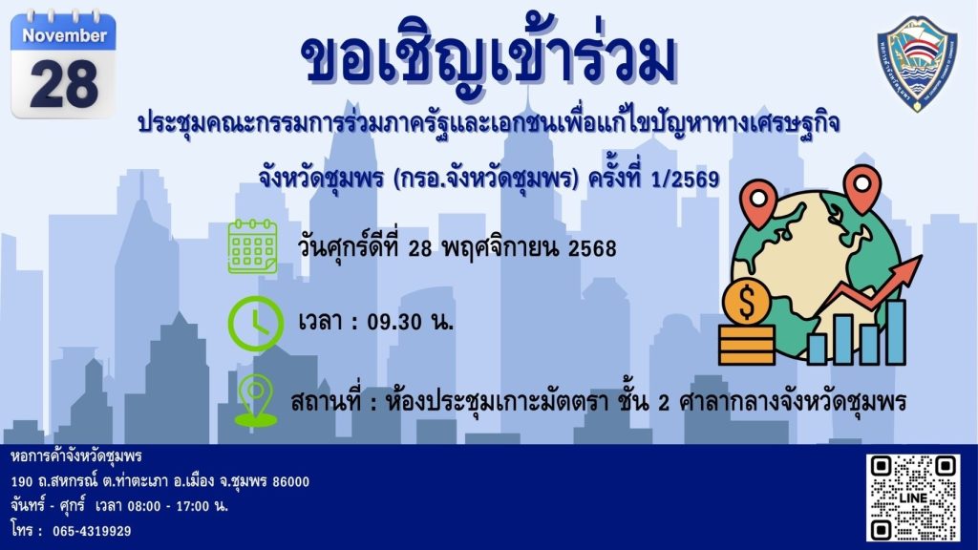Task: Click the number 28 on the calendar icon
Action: click(x=64, y=84)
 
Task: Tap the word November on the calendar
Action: click(x=64, y=35)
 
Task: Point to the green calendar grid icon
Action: click(x=252, y=246)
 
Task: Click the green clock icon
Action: click(x=255, y=323)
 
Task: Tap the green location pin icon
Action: click(x=256, y=400)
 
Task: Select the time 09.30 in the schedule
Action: click(x=394, y=322)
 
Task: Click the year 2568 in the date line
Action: click(x=592, y=248)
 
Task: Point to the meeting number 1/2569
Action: click(x=684, y=180)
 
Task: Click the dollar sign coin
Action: click(x=747, y=302)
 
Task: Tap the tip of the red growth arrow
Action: click(x=921, y=256)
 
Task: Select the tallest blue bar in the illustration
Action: click(x=895, y=331)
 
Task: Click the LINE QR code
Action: click(x=912, y=497)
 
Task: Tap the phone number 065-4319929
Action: click(x=92, y=531)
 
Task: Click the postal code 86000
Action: click(x=290, y=481)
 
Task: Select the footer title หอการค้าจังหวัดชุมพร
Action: click(x=76, y=456)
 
